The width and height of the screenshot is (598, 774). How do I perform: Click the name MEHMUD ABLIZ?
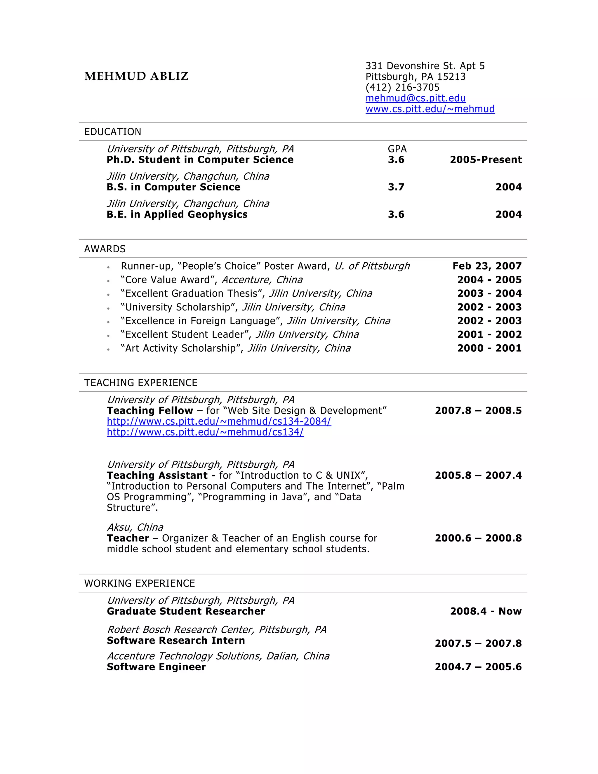pos(136,76)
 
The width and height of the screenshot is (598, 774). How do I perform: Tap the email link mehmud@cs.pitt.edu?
pos(415,98)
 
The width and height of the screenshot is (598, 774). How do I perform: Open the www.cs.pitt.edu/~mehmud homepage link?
pos(430,109)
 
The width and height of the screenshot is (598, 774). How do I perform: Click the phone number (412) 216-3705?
pos(402,87)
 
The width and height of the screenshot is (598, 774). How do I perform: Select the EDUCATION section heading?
pos(113,132)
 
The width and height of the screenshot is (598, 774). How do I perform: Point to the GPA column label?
pos(397,149)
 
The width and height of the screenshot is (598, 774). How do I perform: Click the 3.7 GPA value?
pos(396,187)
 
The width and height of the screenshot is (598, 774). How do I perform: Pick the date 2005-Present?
pos(485,160)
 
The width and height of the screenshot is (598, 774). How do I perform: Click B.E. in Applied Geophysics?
pos(177,214)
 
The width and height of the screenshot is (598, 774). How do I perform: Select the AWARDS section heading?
pos(105,249)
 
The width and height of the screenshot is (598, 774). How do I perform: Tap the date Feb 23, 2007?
pos(487,266)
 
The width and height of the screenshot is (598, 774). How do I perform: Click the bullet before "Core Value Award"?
pos(108,281)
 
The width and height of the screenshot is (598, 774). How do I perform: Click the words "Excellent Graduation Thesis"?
pos(192,294)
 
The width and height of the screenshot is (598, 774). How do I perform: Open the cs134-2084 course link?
pos(219,421)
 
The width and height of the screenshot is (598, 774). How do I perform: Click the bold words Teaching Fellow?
pos(150,411)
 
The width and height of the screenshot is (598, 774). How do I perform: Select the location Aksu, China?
pos(135,527)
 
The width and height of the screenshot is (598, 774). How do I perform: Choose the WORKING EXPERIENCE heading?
pos(140,583)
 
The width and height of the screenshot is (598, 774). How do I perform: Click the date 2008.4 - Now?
pos(485,611)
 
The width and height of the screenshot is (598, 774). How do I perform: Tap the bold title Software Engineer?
pos(156,667)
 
